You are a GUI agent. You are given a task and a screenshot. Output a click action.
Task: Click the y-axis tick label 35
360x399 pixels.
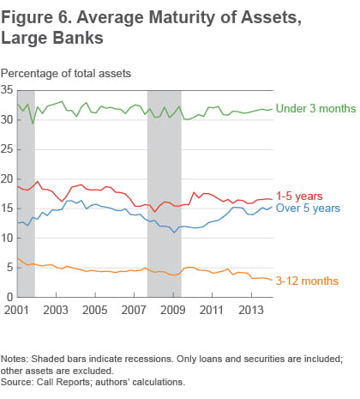pos(8,90)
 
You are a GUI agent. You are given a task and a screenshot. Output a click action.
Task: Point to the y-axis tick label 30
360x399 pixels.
pos(8,120)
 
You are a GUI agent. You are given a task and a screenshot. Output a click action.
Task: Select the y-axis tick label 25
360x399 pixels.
pos(8,149)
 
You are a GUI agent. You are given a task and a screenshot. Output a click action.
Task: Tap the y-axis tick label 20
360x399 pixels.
pos(8,179)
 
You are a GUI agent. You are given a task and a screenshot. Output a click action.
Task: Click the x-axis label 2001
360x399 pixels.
pos(15,309)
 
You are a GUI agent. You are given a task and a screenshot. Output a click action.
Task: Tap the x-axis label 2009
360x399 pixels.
pos(173,309)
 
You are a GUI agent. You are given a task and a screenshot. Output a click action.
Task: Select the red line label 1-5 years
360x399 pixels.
pos(298,196)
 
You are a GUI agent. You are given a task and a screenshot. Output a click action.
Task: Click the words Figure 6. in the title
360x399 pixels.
pos(40,16)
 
